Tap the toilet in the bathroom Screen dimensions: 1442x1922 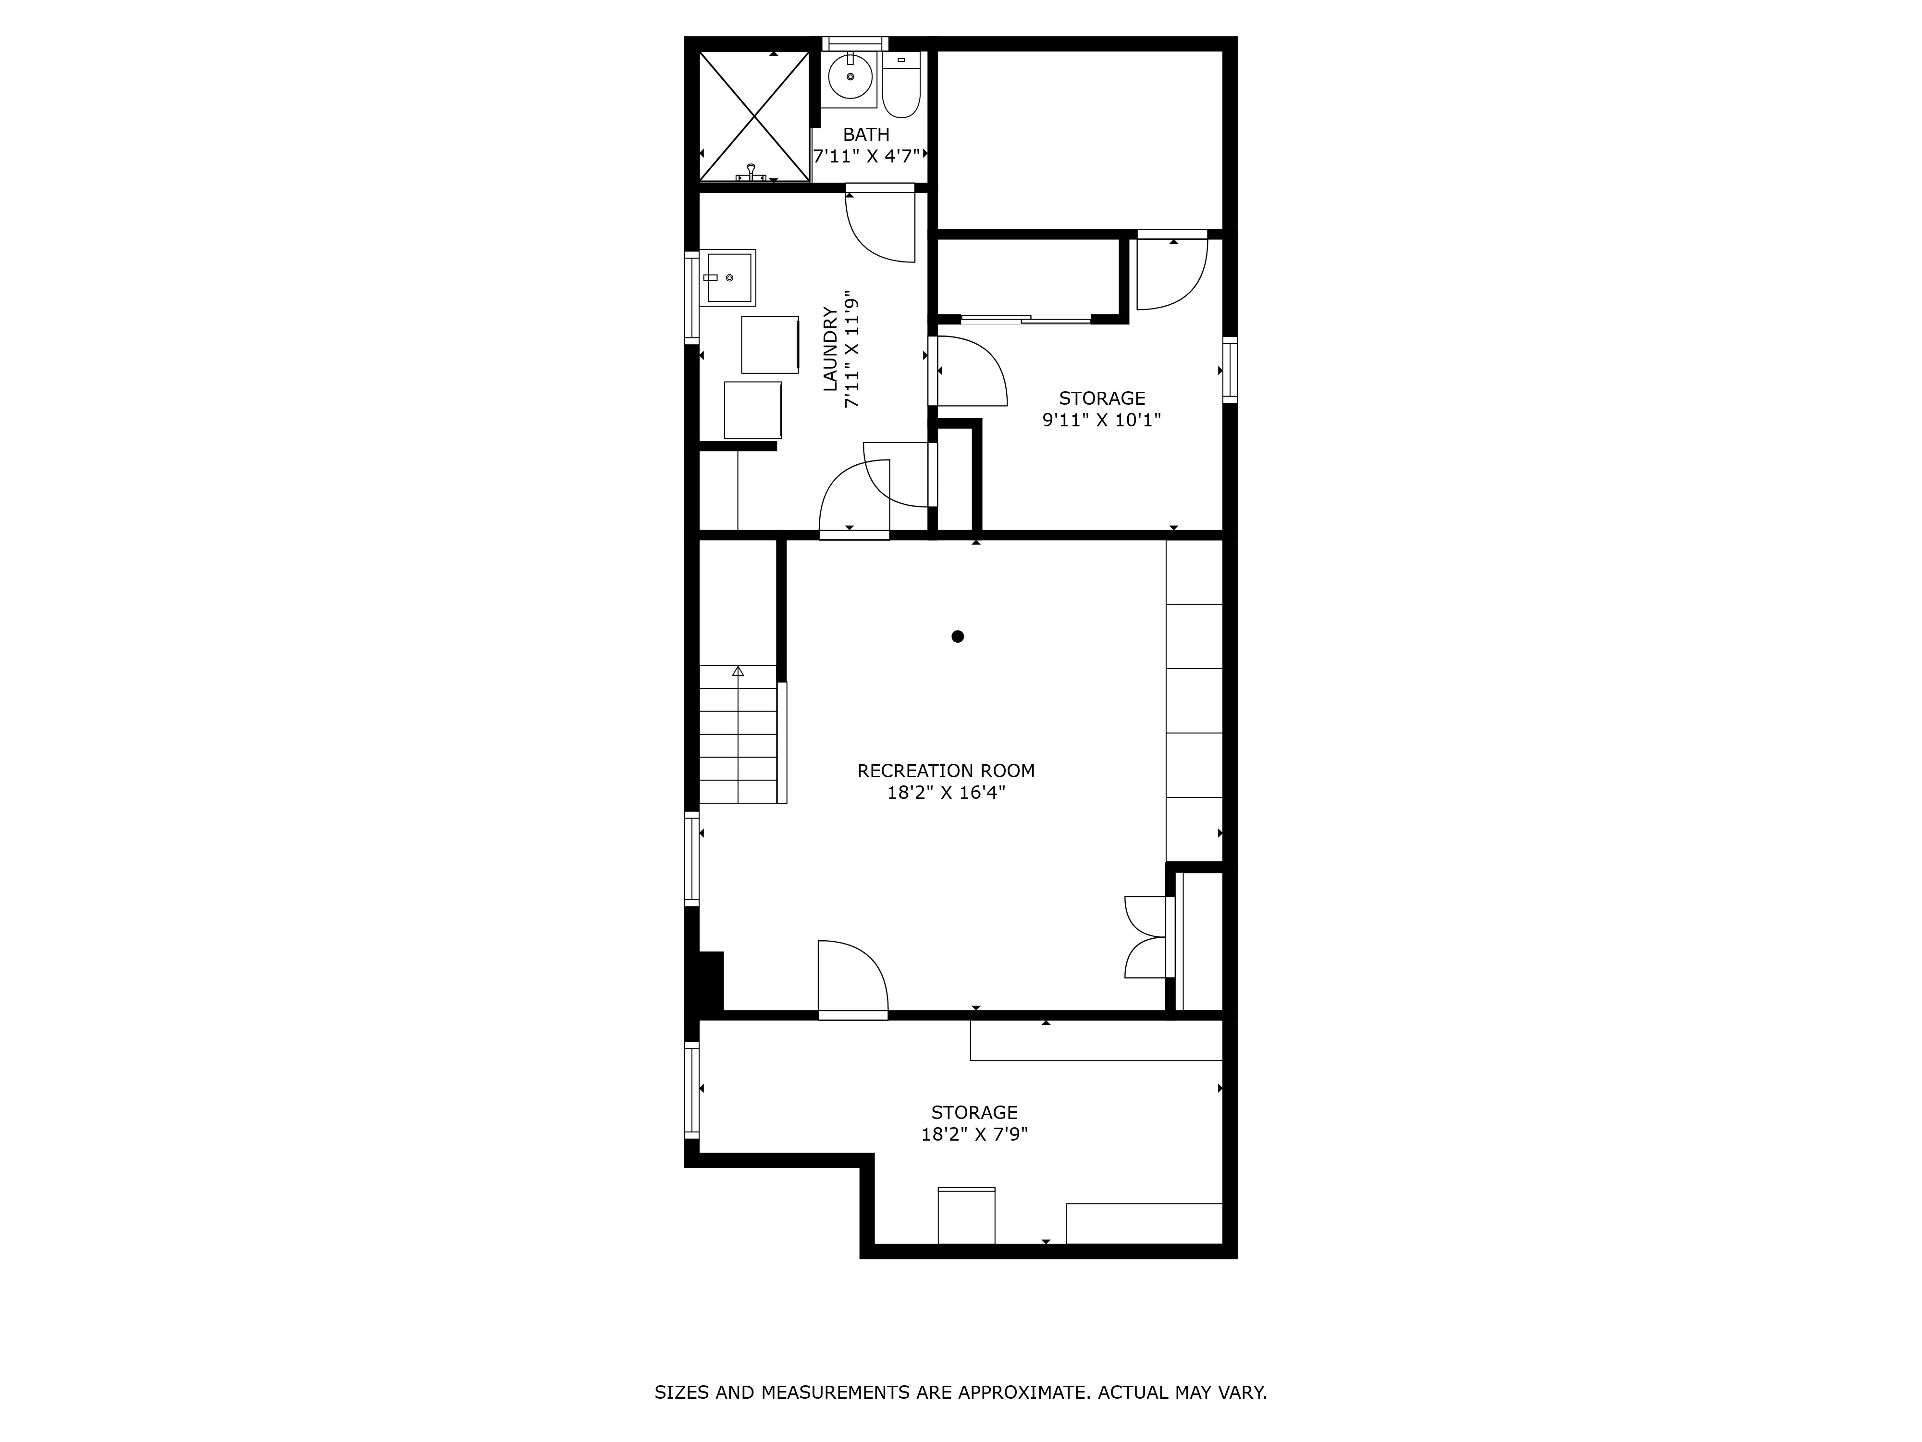(901, 87)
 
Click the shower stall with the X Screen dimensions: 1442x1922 (754, 116)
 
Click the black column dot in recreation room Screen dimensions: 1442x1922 (958, 636)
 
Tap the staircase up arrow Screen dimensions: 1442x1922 (738, 671)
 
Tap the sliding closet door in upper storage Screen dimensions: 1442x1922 (1025, 319)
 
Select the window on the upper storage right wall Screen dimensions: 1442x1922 (1230, 370)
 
